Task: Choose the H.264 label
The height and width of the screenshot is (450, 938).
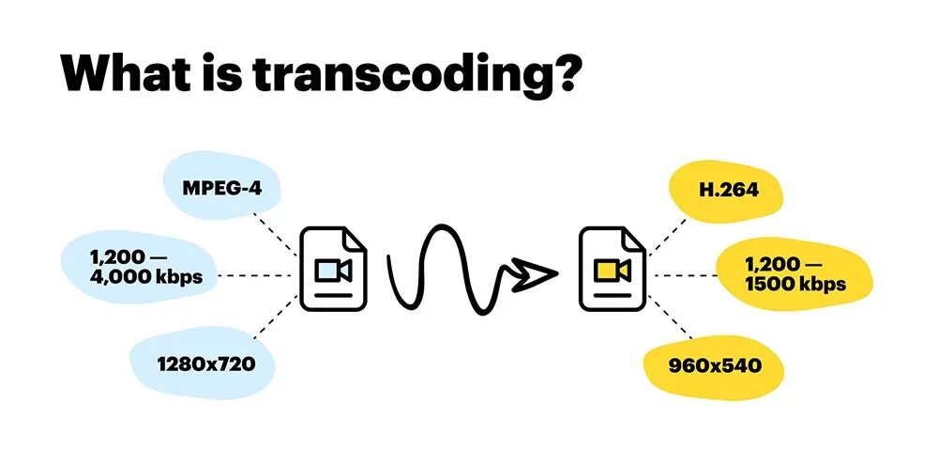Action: point(728,191)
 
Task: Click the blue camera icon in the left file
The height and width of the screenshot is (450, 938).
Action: point(334,271)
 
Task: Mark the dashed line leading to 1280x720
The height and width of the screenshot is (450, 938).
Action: point(272,319)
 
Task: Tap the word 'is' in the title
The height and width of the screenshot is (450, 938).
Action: point(225,73)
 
